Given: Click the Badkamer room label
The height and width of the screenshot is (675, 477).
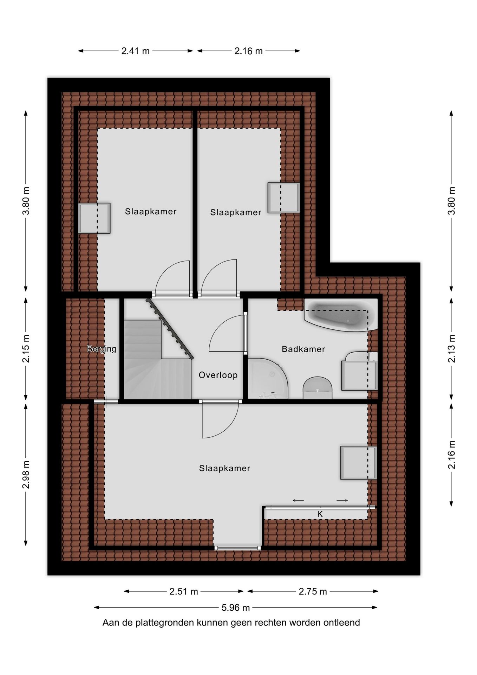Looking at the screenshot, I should [303, 349].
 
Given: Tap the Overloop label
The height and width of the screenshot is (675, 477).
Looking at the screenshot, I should [218, 375].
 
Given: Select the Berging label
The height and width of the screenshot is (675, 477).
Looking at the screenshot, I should [102, 349].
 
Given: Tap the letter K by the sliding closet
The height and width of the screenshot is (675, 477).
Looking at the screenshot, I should [320, 514].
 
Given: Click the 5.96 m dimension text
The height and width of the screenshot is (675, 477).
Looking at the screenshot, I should [236, 607].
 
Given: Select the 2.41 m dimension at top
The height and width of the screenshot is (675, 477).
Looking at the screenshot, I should [136, 51].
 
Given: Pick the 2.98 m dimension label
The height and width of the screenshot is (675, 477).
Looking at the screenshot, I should [26, 474].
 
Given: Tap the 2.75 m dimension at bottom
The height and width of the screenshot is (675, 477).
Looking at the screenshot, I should [313, 592].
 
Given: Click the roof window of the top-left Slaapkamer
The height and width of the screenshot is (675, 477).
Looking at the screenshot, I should [94, 218].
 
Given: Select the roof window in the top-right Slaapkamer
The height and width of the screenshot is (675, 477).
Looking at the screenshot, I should [283, 198].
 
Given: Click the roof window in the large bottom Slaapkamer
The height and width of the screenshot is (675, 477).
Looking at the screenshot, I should [358, 463].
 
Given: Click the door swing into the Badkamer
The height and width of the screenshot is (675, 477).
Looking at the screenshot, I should [227, 334].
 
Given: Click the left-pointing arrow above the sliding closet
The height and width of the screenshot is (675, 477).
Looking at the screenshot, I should [298, 501].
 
